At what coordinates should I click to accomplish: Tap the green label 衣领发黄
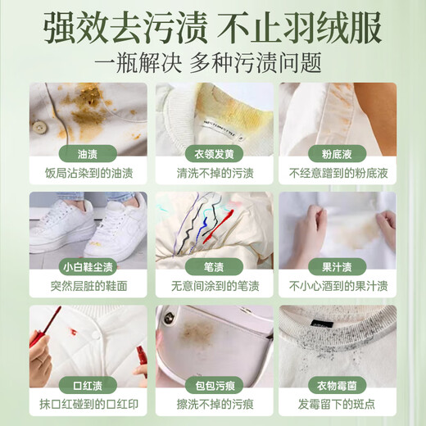point(213,155)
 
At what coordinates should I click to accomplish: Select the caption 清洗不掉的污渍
point(213,174)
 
